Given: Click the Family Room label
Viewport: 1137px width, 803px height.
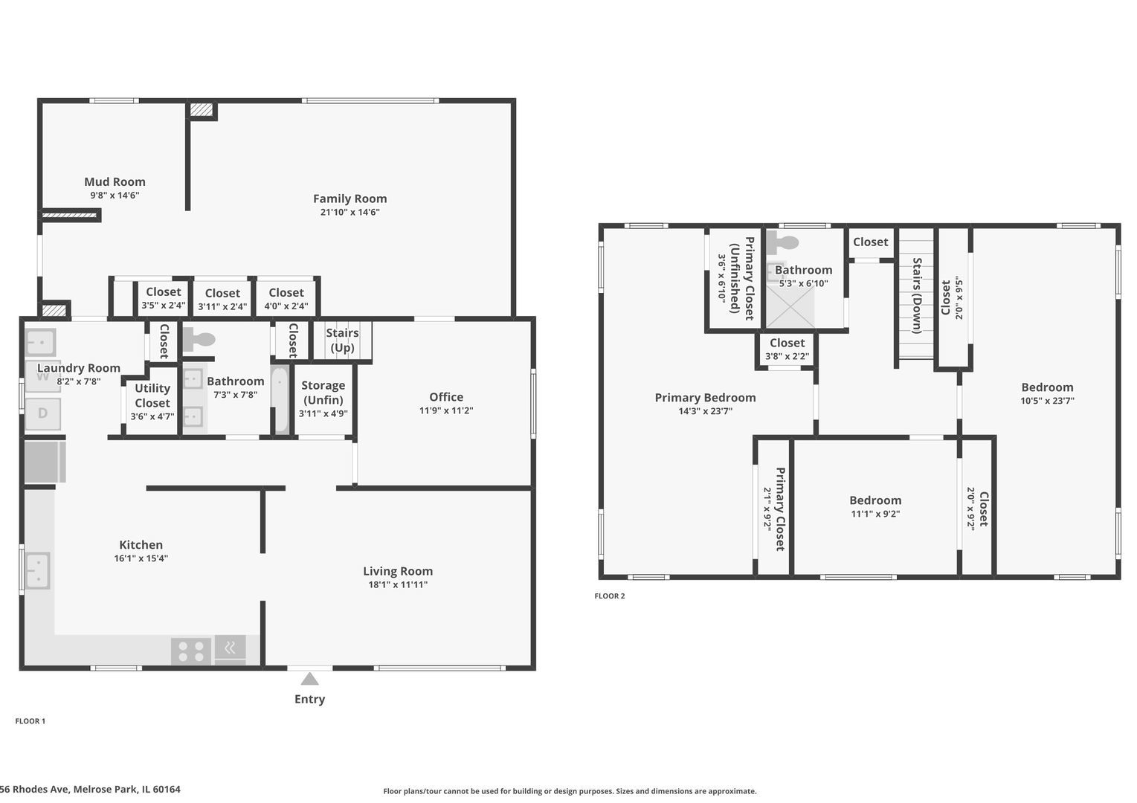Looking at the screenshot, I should point(350,199).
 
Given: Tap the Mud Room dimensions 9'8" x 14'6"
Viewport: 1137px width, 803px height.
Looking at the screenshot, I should point(115,196).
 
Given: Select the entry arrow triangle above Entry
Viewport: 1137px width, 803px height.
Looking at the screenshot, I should point(310,679).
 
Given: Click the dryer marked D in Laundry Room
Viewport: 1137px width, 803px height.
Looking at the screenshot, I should point(43,413).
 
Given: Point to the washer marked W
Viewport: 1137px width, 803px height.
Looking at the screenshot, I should point(43,377).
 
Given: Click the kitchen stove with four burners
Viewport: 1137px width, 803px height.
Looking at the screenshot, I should point(191,651).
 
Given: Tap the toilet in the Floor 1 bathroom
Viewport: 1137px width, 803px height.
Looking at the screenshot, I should point(199,340).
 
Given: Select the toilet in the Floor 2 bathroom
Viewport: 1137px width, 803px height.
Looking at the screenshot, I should point(782,242).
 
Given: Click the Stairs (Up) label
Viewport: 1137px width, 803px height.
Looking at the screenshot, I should point(342,340).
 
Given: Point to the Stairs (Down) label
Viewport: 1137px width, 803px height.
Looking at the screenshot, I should point(917,295).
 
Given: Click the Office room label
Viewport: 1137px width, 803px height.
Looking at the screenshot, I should point(446,397).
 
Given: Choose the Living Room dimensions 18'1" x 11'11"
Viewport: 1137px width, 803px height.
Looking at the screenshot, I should point(398,584).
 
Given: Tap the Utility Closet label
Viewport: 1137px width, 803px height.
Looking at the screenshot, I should point(152,396).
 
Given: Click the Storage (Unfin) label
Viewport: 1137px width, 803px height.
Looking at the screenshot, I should point(323,392).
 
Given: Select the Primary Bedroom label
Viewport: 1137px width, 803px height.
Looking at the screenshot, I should point(705,398).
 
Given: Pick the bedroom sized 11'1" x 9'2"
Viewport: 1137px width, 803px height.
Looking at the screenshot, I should point(875,506).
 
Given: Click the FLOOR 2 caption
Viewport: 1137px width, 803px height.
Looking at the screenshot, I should point(610,596).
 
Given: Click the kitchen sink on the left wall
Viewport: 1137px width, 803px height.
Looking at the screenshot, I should point(37,570).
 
